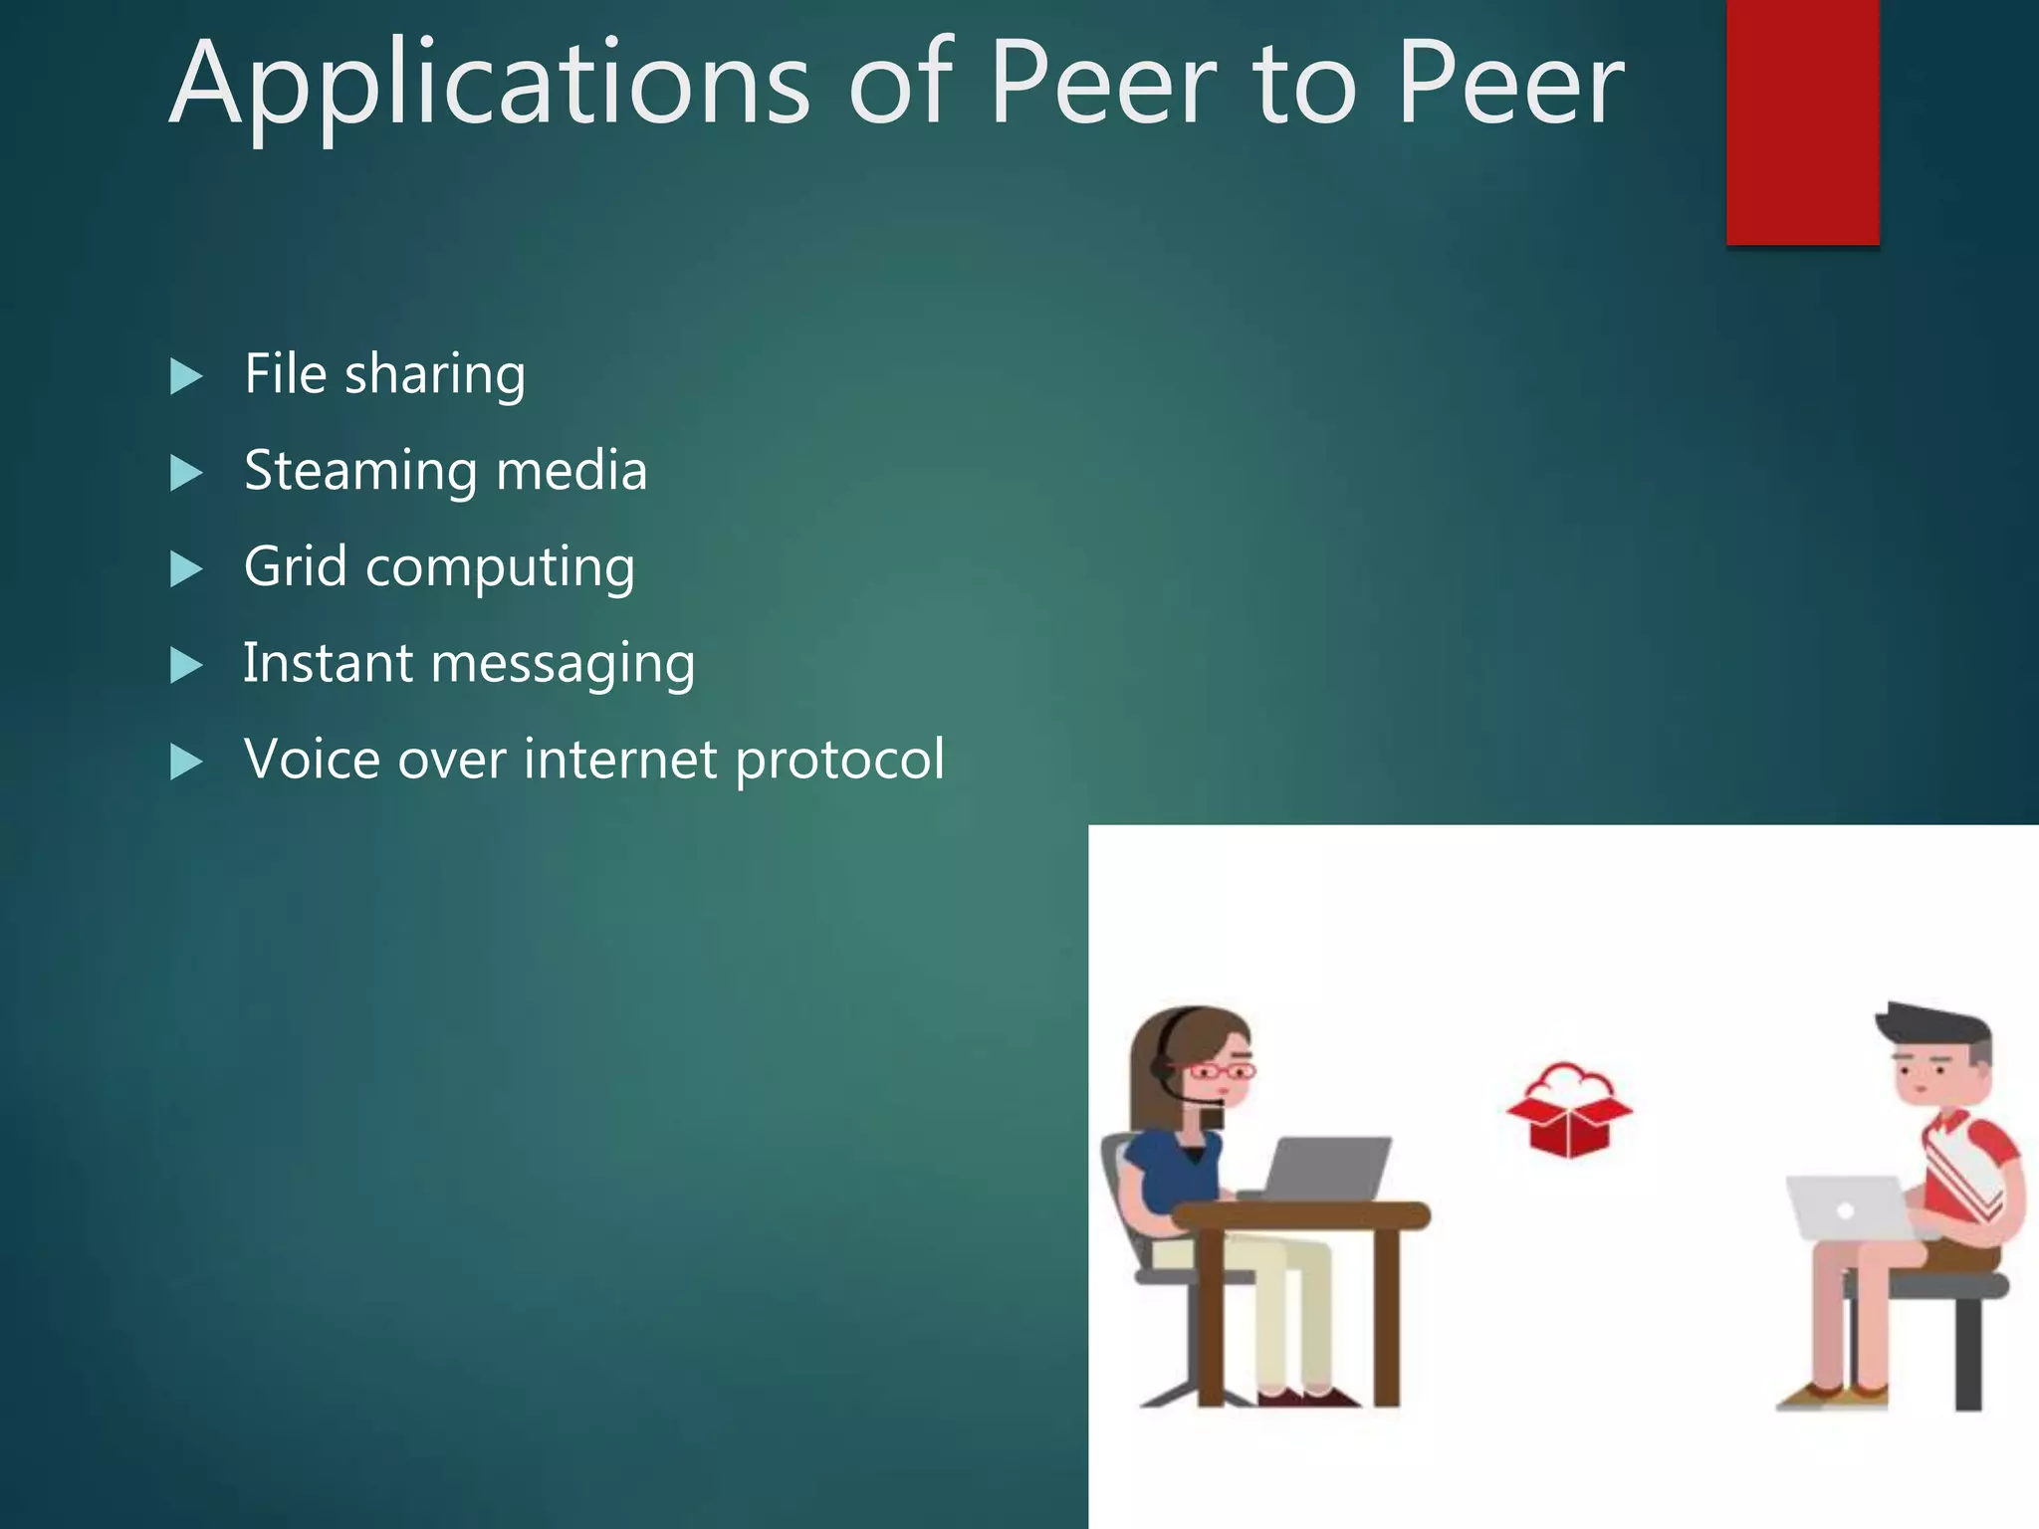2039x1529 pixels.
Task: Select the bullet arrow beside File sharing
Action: (186, 376)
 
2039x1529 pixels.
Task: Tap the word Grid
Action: (295, 566)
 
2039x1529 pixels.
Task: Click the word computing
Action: (500, 569)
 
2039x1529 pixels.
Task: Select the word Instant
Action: (328, 663)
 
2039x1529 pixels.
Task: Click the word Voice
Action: (312, 760)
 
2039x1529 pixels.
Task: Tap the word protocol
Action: (839, 762)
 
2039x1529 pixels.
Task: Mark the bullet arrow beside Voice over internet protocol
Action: (186, 762)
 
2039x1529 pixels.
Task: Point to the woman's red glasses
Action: (1221, 1071)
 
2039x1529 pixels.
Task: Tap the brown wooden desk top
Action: (1300, 1215)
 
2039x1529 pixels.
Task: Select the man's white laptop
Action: (1847, 1207)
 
